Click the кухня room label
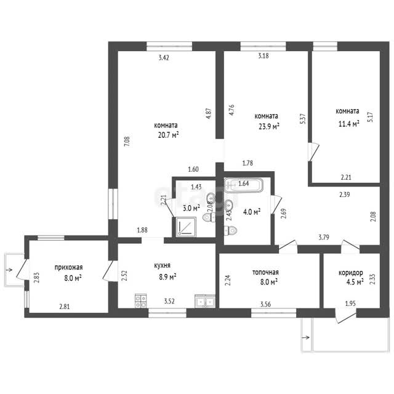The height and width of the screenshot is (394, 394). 162,265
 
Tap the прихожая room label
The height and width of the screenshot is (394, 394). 68,267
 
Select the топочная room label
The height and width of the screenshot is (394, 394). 265,272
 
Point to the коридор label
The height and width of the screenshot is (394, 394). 351,273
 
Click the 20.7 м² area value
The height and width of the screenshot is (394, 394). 168,135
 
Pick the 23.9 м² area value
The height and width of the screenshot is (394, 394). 269,126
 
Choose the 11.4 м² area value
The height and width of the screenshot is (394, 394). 349,124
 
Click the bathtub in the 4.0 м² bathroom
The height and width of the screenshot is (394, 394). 244,185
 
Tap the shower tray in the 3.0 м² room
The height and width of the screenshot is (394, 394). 186,227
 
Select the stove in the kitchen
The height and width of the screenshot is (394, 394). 141,301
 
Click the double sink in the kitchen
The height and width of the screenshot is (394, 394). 205,301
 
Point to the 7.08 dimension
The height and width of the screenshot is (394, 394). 127,142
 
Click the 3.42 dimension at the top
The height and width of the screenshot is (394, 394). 164,57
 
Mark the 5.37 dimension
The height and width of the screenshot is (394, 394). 303,119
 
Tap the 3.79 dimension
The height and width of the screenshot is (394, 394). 324,237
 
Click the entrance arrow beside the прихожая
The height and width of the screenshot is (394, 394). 9,270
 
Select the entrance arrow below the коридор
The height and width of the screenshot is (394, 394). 306,337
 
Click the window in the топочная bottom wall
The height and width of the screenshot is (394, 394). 274,313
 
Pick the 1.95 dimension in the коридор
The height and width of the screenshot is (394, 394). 350,304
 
